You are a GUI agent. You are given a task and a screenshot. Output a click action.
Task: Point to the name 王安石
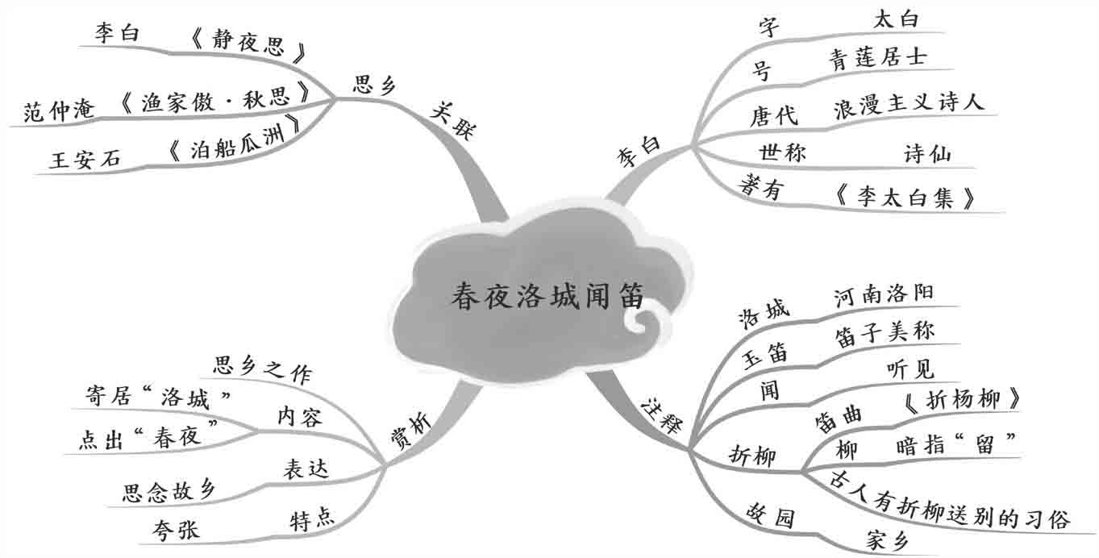point(85,160)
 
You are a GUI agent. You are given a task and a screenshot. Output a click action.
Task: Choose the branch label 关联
point(453,121)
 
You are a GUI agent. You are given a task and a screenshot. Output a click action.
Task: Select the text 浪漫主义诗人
point(909,106)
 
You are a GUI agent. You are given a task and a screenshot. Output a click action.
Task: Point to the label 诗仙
point(927,153)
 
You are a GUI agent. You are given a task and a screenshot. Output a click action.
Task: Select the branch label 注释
point(663,410)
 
